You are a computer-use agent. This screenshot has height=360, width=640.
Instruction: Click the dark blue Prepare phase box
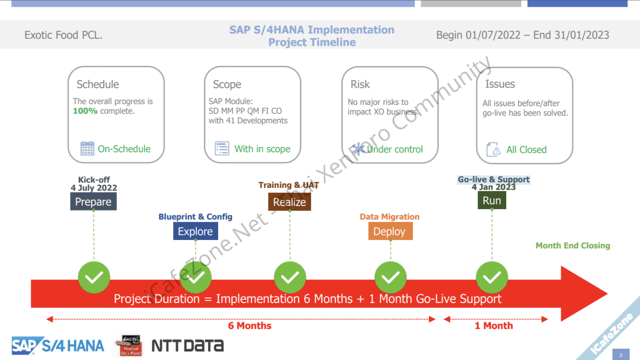point(93,202)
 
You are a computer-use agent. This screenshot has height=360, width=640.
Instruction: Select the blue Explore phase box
point(195,231)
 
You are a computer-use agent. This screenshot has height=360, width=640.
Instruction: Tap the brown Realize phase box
point(289,202)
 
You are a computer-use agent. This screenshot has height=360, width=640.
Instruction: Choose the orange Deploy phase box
point(390,231)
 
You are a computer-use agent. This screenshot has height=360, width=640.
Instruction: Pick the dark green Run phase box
point(492,200)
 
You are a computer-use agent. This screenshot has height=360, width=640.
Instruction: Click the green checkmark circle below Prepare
point(94,277)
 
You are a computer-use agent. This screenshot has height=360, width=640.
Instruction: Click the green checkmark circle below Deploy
point(390,277)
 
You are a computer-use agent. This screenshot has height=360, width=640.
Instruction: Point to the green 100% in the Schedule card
point(85,111)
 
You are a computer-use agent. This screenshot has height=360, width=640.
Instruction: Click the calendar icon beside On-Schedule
point(87,148)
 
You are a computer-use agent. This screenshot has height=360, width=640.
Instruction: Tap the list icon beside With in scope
point(222,148)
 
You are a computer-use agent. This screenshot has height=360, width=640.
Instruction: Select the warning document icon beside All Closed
point(493,149)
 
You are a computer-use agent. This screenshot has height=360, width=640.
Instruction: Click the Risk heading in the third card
point(360,84)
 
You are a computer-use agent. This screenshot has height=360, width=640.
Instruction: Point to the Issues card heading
point(500,84)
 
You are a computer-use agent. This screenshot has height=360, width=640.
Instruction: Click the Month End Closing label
point(572,246)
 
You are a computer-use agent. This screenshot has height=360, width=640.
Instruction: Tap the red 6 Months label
point(250,326)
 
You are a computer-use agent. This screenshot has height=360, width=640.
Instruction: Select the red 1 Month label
point(493,326)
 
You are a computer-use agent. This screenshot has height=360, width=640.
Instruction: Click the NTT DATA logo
point(187,346)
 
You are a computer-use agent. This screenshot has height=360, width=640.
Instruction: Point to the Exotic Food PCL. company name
point(63,35)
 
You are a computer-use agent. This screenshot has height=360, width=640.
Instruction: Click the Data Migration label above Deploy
point(389,217)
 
